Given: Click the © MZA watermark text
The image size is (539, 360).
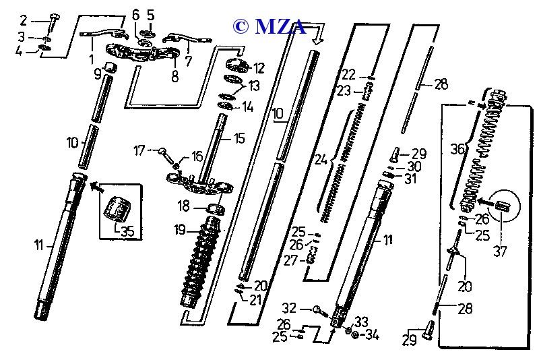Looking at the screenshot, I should coord(269,26).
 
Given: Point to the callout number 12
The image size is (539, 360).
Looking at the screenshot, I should coord(259,67).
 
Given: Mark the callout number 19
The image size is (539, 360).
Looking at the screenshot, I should coord(179,230).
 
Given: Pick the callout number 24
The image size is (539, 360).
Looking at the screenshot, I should coord(321,160).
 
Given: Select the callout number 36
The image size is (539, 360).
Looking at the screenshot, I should coord(458,149).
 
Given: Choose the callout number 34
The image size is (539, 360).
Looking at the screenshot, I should coord(371,335).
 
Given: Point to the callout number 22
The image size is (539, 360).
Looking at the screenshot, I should coord(348,73).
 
